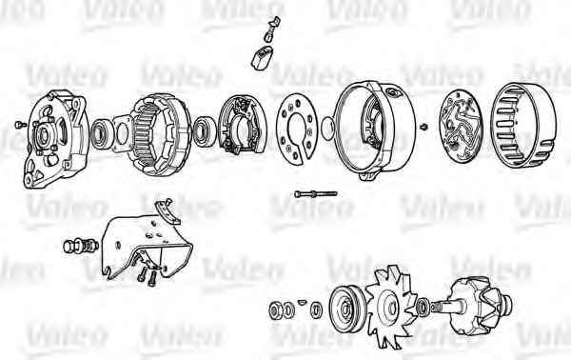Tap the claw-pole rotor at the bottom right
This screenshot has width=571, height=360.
pos(477,306)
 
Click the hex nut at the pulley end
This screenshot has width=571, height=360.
pos(274,310)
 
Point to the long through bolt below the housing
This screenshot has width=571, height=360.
pos(316,194)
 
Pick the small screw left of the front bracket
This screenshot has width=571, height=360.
pos(20,125)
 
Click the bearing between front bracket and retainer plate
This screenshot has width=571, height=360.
pos(99,134)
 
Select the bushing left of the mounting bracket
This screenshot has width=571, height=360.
pos(81,247)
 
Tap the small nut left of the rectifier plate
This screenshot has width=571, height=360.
pos(423,128)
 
